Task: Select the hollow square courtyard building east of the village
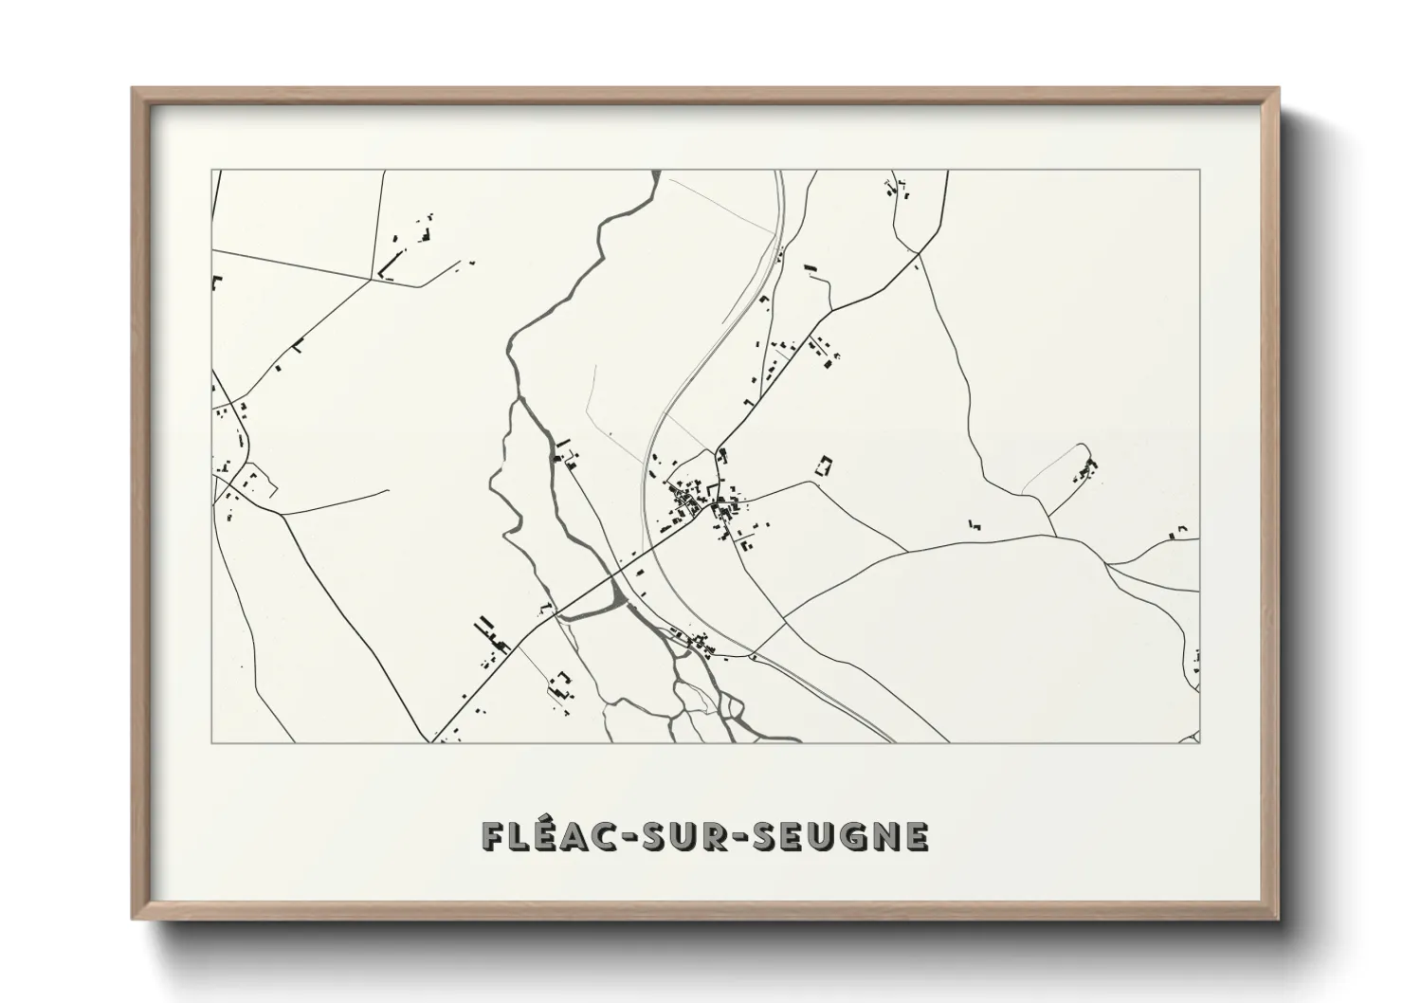click(x=825, y=465)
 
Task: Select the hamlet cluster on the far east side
click(x=1085, y=469)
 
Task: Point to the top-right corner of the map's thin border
click(x=1199, y=171)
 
